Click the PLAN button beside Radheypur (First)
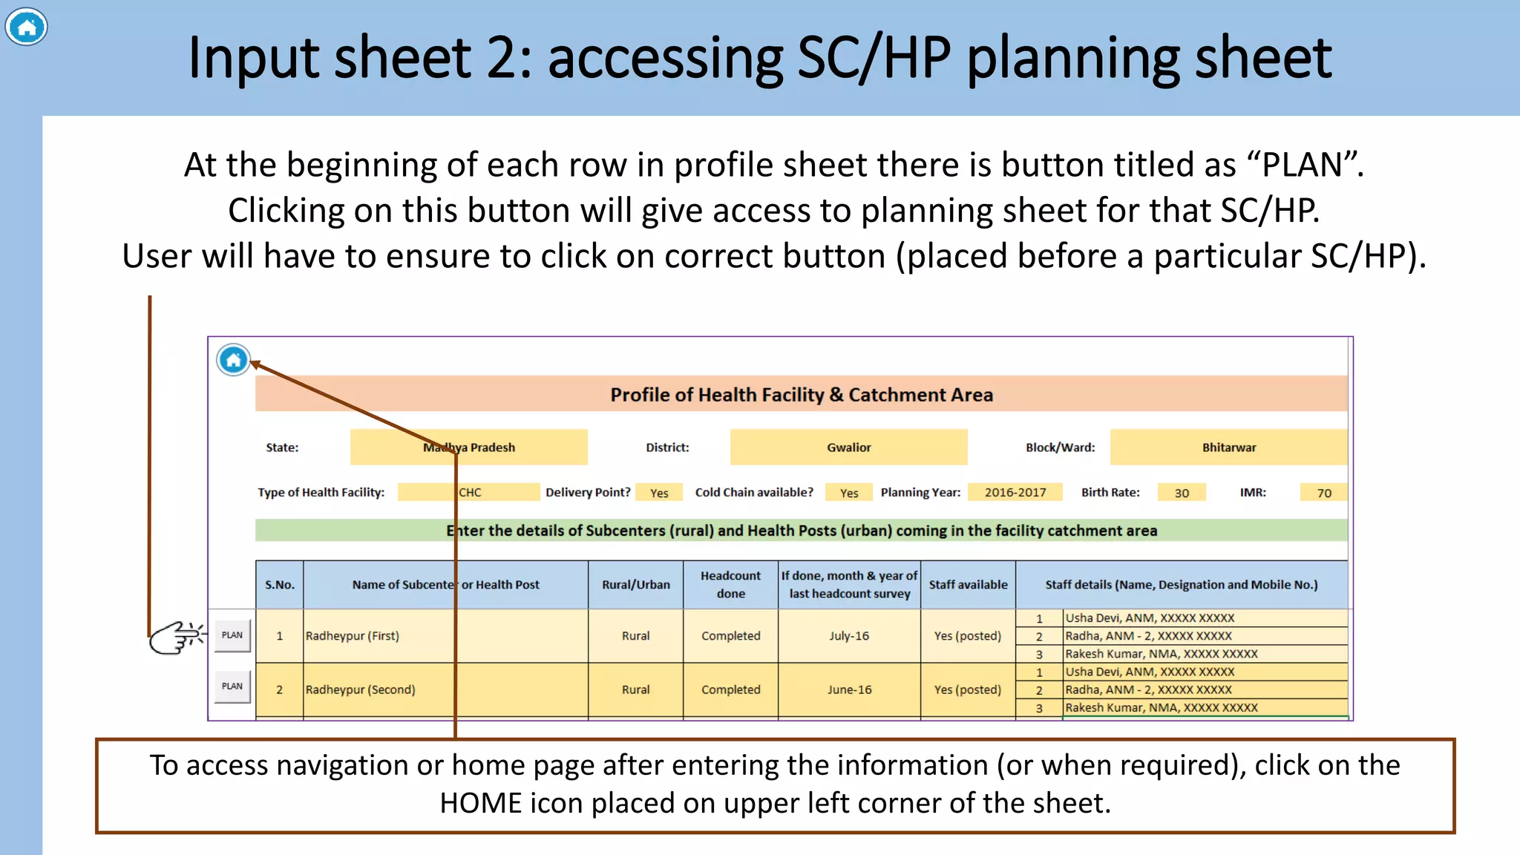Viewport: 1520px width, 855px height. pyautogui.click(x=232, y=635)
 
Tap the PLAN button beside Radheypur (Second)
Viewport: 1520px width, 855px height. pyautogui.click(x=232, y=687)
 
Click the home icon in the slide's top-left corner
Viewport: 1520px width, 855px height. pyautogui.click(x=27, y=27)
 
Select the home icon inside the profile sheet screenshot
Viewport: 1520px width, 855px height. pyautogui.click(x=233, y=361)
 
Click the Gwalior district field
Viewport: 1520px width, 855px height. pyautogui.click(x=848, y=448)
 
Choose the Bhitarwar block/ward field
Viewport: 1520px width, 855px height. pyautogui.click(x=1228, y=448)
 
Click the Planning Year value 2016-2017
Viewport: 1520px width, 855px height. pyautogui.click(x=1015, y=493)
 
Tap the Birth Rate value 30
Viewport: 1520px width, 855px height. pyautogui.click(x=1182, y=493)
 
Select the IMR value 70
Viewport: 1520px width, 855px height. pyautogui.click(x=1324, y=493)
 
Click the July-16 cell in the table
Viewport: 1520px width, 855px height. pyautogui.click(x=849, y=636)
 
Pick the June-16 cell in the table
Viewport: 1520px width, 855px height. pyautogui.click(x=849, y=689)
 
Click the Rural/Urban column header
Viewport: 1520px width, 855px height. pyautogui.click(x=635, y=585)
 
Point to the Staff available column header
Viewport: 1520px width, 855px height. pyautogui.click(x=968, y=585)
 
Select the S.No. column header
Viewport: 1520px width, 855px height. pyautogui.click(x=280, y=585)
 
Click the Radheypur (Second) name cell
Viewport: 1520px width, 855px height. pyautogui.click(x=361, y=689)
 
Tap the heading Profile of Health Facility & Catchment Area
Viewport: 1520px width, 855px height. pyautogui.click(x=802, y=395)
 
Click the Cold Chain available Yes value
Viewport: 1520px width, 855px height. pyautogui.click(x=849, y=493)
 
